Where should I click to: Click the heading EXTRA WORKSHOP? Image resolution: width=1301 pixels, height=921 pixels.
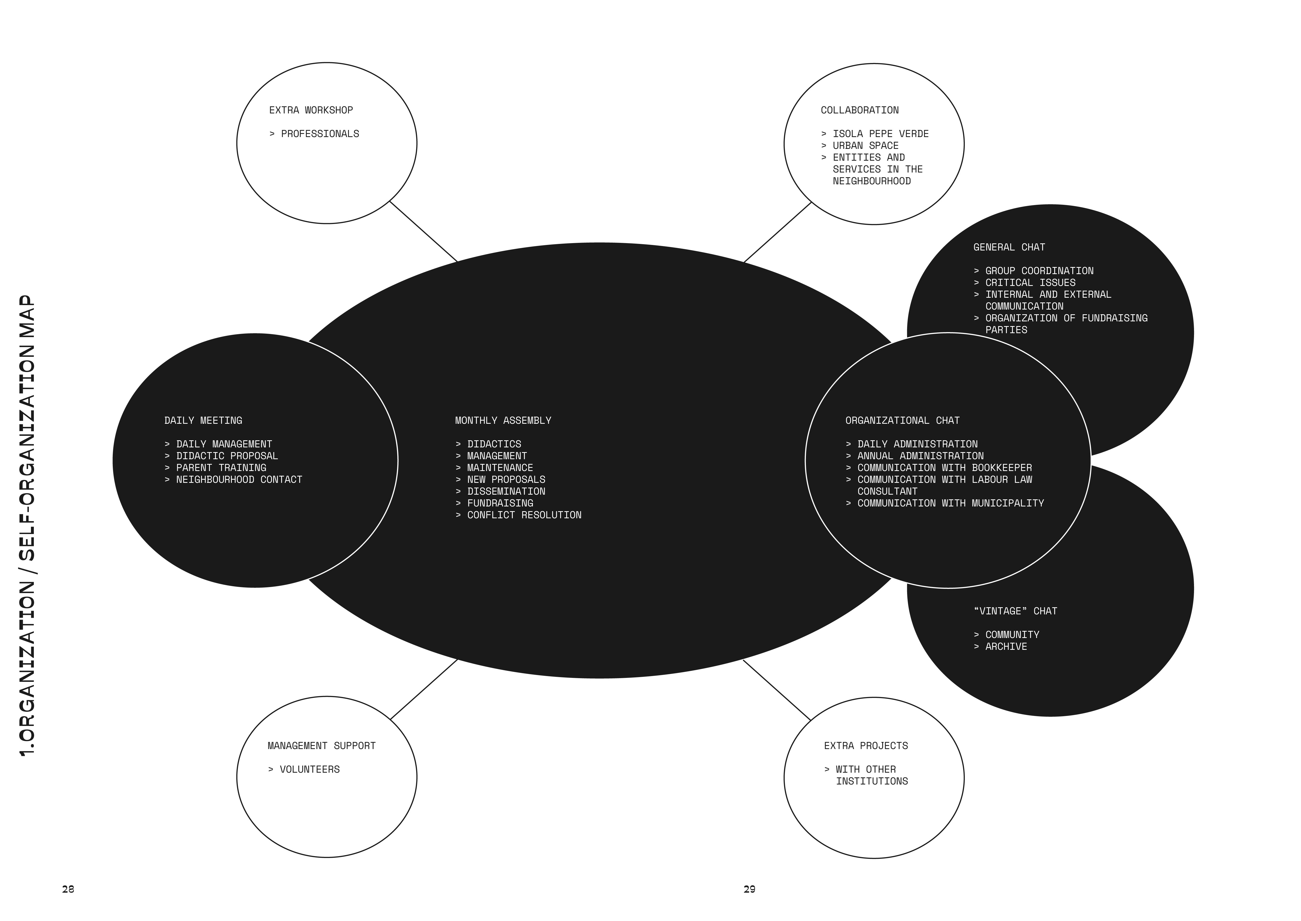[x=311, y=110]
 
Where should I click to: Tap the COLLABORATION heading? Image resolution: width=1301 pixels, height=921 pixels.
[x=860, y=110]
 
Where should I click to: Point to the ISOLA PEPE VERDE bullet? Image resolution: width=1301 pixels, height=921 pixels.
[x=875, y=134]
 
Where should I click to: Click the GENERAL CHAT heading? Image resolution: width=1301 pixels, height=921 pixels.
[x=1009, y=247]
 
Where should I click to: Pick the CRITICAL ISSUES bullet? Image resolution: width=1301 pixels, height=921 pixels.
[x=1025, y=282]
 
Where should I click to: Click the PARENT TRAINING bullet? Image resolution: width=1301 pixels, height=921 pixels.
[x=215, y=468]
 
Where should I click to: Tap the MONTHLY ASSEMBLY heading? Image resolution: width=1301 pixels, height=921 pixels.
[x=503, y=420]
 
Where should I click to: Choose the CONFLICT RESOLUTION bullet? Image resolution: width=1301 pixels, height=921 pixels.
[x=518, y=515]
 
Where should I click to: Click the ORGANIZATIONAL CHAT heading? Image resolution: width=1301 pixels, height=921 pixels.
[x=903, y=420]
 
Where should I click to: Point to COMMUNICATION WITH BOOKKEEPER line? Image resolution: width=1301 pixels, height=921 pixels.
[x=939, y=468]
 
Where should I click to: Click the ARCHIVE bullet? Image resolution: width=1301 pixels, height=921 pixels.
[x=1000, y=647]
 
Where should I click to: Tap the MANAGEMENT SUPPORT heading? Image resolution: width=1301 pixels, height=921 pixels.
[x=322, y=746]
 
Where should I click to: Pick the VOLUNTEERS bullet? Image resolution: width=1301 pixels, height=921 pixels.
[x=304, y=770]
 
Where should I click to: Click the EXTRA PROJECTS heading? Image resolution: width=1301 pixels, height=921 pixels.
[x=866, y=746]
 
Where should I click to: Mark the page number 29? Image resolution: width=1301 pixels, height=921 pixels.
[x=749, y=889]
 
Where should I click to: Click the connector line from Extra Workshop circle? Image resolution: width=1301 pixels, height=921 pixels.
[x=423, y=231]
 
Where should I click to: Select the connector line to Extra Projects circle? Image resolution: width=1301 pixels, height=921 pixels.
[x=777, y=690]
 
